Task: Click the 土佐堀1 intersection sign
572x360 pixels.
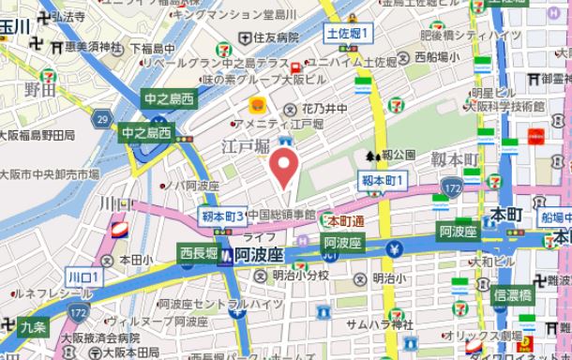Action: coord(349,35)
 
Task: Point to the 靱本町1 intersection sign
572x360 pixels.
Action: coord(384,179)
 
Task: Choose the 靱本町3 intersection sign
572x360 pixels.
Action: coord(222,217)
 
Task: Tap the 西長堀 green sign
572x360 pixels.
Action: coord(198,251)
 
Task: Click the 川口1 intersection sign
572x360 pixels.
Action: coord(84,277)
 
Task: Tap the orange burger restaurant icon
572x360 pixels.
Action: coord(255,105)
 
